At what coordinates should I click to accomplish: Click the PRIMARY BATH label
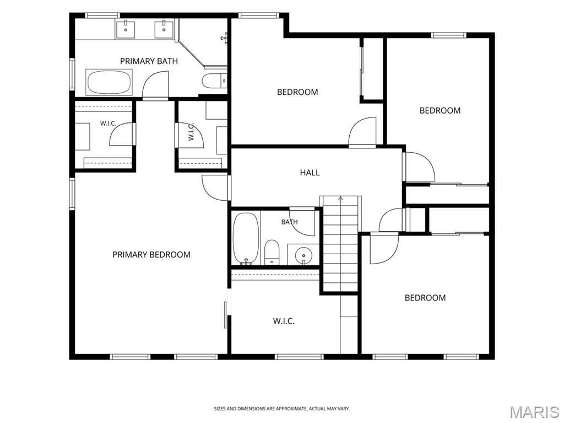pos(149,61)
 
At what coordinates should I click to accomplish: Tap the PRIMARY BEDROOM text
pos(151,255)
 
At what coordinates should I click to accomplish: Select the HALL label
pos(310,173)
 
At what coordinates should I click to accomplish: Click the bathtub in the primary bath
pos(109,82)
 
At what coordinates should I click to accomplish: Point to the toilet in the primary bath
pos(214,81)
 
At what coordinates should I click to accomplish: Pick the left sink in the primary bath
pos(125,30)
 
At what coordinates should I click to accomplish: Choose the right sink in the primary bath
pos(164,30)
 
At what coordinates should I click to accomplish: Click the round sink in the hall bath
pos(303,255)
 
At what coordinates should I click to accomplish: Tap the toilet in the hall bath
pos(272,252)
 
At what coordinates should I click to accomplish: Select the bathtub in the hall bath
pos(246,238)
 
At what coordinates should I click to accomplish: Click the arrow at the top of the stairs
pos(340,198)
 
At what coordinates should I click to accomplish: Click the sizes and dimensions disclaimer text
pos(281,409)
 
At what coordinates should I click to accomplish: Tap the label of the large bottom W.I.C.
pos(284,321)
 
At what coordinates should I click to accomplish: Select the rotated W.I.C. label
pos(191,131)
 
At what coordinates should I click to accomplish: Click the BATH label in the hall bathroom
pos(290,222)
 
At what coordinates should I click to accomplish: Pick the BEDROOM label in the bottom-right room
pos(425,298)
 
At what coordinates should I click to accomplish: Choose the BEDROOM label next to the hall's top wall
pos(297,92)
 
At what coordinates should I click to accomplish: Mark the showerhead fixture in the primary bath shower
pos(224,38)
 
